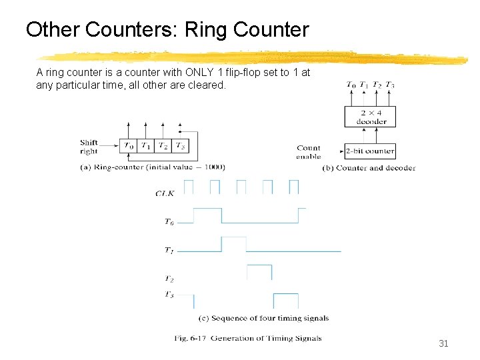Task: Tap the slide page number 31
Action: [444, 343]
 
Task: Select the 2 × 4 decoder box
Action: [371, 117]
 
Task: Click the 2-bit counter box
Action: [370, 151]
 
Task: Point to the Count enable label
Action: [309, 152]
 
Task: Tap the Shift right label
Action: [89, 147]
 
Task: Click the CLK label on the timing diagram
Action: [165, 193]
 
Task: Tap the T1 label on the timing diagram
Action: [170, 251]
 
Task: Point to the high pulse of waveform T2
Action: [259, 272]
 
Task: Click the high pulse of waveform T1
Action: [233, 243]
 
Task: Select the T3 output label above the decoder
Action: [390, 85]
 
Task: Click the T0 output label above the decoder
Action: [351, 85]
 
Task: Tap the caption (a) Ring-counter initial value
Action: [152, 167]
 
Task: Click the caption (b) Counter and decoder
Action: [369, 168]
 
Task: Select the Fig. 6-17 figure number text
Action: [191, 338]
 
